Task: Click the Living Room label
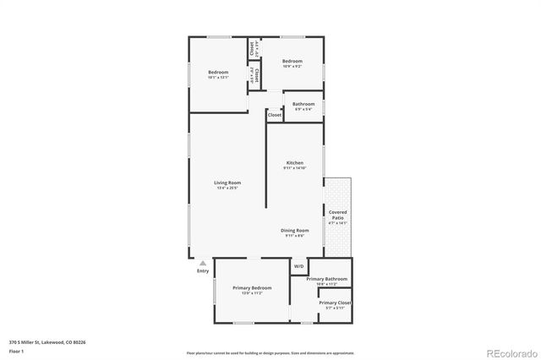click(x=227, y=183)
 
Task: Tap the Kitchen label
click(x=294, y=162)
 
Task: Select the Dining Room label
click(x=295, y=230)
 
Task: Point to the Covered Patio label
click(x=338, y=215)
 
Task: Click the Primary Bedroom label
click(x=251, y=287)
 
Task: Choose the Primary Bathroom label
click(x=327, y=279)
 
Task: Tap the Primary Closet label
click(x=335, y=303)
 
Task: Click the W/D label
click(x=298, y=267)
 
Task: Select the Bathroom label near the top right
click(x=303, y=104)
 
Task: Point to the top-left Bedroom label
click(x=218, y=73)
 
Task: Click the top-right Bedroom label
click(x=292, y=61)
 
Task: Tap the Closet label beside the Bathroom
click(x=274, y=114)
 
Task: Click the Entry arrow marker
click(x=202, y=263)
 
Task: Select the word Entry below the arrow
click(x=203, y=271)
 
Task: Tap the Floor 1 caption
click(x=16, y=351)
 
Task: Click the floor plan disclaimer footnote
click(x=270, y=352)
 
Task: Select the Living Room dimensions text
click(x=227, y=188)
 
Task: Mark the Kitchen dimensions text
click(x=294, y=167)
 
